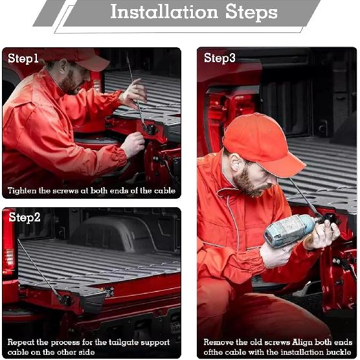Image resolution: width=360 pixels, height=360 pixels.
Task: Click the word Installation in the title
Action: click(x=164, y=12)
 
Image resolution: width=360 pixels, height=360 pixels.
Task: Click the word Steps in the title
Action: click(x=251, y=12)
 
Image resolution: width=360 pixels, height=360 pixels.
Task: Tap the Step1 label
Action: click(x=23, y=58)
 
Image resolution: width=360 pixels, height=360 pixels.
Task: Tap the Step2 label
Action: click(x=25, y=218)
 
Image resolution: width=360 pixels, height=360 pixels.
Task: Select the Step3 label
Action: click(x=219, y=58)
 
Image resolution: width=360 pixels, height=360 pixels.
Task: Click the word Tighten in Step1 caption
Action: click(x=22, y=191)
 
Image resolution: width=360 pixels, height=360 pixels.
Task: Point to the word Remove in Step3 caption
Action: click(x=218, y=343)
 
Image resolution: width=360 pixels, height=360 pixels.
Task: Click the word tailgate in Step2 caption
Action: click(x=124, y=343)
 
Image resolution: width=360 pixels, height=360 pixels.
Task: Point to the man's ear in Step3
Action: click(x=234, y=163)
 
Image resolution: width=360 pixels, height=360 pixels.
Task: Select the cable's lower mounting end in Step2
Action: click(x=65, y=300)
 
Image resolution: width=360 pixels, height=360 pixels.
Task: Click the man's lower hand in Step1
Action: click(x=133, y=144)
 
